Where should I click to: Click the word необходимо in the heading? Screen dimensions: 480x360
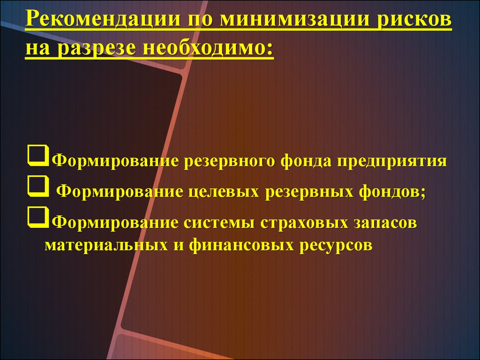click(x=208, y=48)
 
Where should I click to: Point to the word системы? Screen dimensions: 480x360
click(x=219, y=223)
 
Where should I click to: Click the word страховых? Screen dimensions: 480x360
click(x=304, y=223)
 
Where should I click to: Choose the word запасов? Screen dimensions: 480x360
click(x=386, y=223)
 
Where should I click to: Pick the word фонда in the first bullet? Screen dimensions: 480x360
click(x=306, y=161)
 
